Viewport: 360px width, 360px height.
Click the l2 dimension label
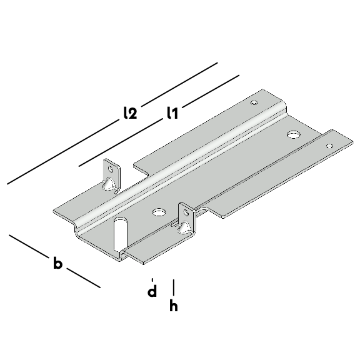130,112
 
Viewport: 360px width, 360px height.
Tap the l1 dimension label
172,112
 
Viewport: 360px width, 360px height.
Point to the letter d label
152,291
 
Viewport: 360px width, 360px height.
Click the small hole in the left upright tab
111,169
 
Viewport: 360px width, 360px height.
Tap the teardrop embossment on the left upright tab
108,184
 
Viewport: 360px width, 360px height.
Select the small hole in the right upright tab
186,212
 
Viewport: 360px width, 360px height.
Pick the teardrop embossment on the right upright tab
184,227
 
